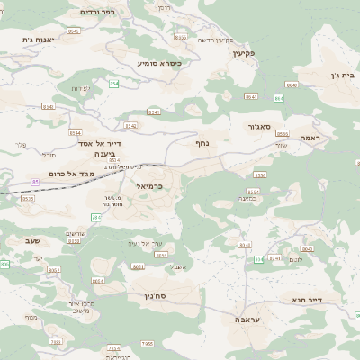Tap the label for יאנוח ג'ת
40,40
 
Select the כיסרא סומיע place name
159,64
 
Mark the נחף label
202,142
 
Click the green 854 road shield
114,84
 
